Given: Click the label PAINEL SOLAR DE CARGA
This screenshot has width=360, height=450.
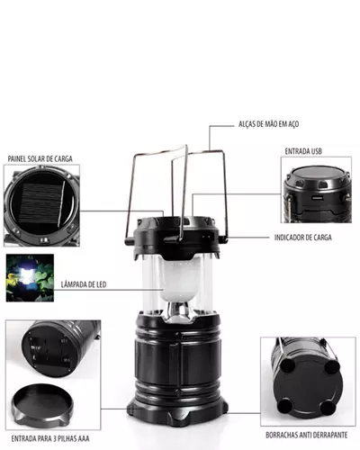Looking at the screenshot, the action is click(40, 158).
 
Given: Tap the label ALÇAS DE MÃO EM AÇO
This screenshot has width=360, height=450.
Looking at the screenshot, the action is click(268, 124).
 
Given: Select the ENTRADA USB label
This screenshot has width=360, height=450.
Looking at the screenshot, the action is click(303, 151).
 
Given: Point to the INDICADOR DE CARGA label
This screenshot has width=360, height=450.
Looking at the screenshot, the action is click(303, 238).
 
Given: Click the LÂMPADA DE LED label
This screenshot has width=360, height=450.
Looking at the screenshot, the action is click(84, 284).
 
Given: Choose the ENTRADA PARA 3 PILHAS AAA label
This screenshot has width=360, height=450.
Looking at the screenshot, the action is click(50, 438).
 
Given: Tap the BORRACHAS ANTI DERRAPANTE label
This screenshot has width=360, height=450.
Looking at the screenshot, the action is click(307, 435).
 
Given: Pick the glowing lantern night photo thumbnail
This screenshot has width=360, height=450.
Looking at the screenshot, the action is click(30, 278).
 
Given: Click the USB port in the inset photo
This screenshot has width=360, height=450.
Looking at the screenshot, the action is click(317, 198).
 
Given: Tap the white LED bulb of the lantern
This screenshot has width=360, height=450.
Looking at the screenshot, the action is click(180, 277).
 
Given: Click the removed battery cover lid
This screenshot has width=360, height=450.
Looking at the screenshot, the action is click(42, 404).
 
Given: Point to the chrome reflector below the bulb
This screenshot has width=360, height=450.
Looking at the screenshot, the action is click(179, 312).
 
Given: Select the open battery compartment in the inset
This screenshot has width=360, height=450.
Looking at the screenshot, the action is click(49, 349).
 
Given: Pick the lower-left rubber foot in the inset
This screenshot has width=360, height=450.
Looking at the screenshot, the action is click(284, 406).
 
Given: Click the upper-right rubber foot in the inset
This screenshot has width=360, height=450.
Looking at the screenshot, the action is click(332, 366).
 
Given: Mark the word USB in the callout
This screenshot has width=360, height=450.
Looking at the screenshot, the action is click(315, 151).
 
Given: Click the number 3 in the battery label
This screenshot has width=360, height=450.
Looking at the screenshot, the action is click(55, 438).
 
